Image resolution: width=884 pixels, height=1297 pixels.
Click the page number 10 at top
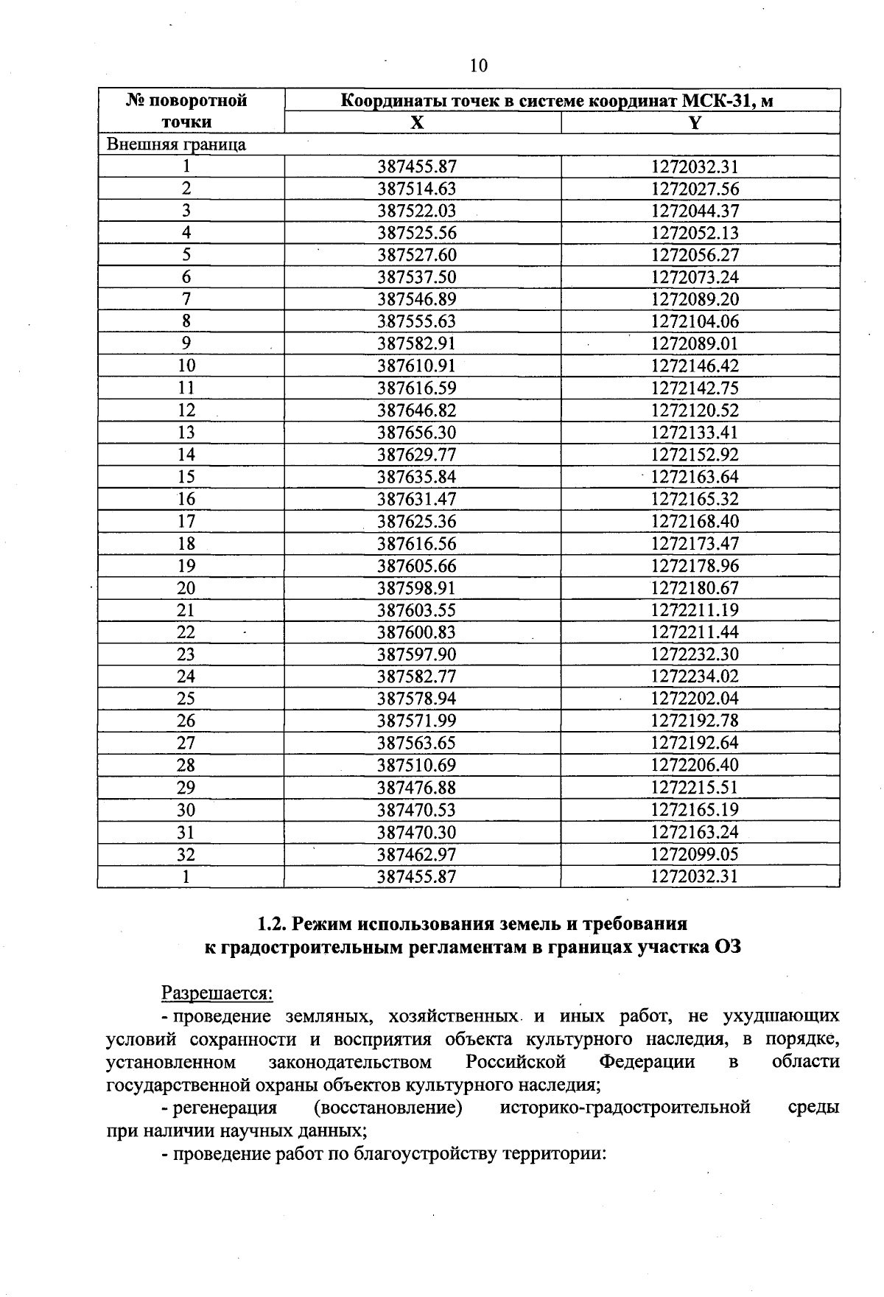coord(478,66)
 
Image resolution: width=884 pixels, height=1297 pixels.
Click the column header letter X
coord(418,122)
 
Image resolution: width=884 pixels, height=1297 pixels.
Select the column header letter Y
coord(694,122)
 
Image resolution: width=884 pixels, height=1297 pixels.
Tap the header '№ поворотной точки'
coord(187,111)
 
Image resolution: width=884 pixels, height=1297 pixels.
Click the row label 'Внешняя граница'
coord(176,144)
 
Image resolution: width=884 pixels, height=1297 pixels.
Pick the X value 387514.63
coord(417,189)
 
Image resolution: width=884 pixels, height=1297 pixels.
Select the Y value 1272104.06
coord(695,321)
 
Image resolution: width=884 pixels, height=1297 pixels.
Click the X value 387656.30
coord(417,433)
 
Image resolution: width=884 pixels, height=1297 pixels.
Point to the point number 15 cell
coord(186,477)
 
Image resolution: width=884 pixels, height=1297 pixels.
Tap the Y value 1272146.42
coord(695,366)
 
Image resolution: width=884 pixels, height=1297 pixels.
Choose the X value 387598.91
coord(417,588)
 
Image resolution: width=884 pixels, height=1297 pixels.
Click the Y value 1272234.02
coord(695,677)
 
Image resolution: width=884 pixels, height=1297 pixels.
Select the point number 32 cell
coord(186,854)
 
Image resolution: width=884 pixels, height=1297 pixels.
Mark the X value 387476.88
coord(417,788)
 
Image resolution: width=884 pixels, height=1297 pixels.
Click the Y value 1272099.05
coord(695,854)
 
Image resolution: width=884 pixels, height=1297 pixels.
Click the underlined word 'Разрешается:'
coord(217,993)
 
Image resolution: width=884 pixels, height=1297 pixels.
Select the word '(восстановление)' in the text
coord(388,1108)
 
